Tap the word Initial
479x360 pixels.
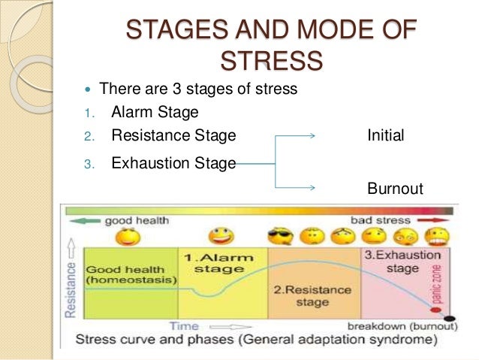point(386,136)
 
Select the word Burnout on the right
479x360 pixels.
point(395,188)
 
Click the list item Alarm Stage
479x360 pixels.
point(155,113)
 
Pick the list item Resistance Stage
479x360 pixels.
point(173,136)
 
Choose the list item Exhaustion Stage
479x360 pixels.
point(173,162)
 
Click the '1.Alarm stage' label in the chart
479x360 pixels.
point(218,262)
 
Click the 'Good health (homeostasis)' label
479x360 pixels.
point(131,274)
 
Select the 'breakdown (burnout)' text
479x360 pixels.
point(402,326)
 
